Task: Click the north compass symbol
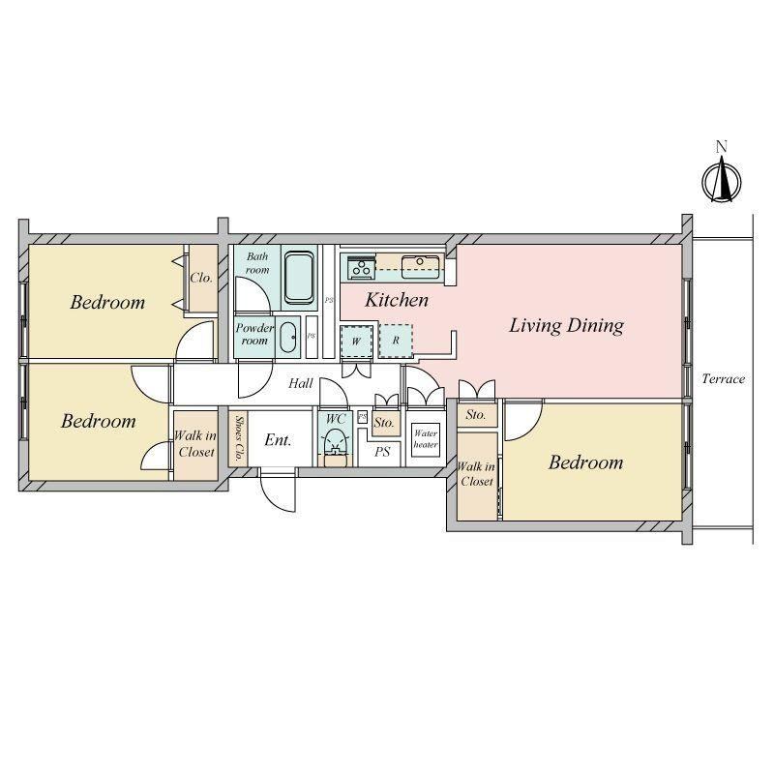[x=721, y=181]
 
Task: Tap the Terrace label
[x=723, y=379]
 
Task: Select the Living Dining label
[x=566, y=326]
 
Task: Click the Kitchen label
[x=397, y=300]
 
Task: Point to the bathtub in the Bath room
[x=300, y=278]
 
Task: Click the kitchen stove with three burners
[x=361, y=268]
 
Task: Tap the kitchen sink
[x=420, y=267]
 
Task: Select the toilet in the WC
[x=336, y=442]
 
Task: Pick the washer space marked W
[x=356, y=342]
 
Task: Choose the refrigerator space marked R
[x=396, y=341]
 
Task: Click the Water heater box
[x=426, y=439]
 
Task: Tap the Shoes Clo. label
[x=238, y=438]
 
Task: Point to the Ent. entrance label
[x=279, y=440]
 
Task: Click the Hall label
[x=301, y=383]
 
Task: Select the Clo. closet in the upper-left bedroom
[x=202, y=278]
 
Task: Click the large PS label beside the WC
[x=382, y=452]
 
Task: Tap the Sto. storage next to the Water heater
[x=385, y=423]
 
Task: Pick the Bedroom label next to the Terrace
[x=586, y=462]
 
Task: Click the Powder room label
[x=254, y=334]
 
